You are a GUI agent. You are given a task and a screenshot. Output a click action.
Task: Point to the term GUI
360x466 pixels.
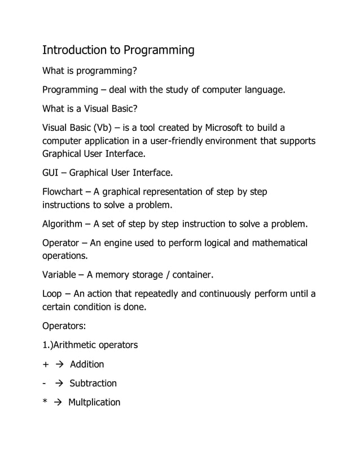tap(53, 172)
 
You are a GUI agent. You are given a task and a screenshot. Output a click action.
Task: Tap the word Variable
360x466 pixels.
tap(61, 275)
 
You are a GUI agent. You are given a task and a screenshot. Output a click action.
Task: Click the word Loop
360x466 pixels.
tap(52, 294)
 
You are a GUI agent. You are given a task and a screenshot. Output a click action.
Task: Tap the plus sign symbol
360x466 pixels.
tap(46, 364)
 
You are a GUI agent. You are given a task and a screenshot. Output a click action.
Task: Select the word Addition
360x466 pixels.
tap(87, 364)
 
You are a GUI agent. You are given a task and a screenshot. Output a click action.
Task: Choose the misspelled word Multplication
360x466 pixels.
tap(94, 403)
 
